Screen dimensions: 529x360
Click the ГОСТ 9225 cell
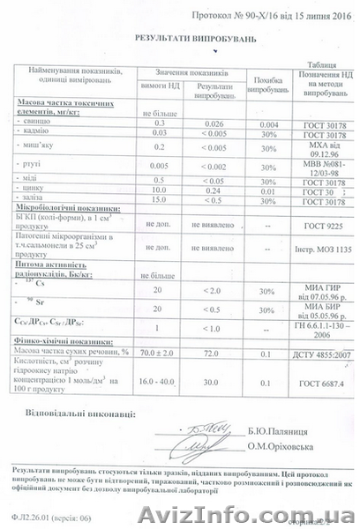(x=308, y=227)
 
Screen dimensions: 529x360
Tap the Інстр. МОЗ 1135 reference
(x=309, y=249)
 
